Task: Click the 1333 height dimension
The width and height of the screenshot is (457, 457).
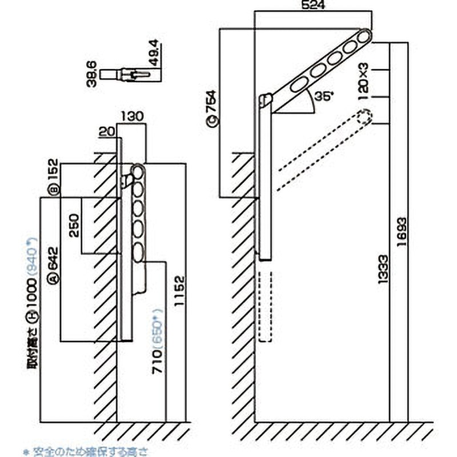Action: [x=383, y=270]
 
